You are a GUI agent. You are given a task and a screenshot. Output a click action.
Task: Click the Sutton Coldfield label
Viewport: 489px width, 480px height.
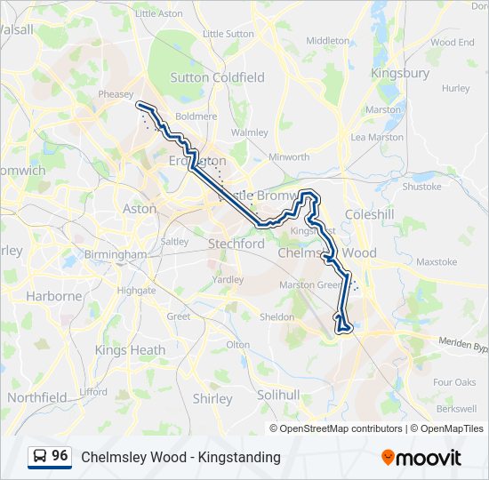(x=217, y=77)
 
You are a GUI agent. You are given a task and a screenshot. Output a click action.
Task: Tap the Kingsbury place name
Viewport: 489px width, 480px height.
(x=400, y=73)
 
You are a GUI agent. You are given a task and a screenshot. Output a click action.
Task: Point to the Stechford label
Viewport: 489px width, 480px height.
(x=236, y=243)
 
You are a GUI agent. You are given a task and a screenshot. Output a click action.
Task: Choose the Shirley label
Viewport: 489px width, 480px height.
(x=212, y=399)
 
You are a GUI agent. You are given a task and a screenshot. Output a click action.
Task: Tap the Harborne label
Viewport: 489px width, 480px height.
(x=53, y=295)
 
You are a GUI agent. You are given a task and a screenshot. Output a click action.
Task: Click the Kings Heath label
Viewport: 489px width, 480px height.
(x=130, y=350)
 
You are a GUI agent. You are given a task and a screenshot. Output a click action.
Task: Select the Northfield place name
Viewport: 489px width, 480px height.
(x=36, y=397)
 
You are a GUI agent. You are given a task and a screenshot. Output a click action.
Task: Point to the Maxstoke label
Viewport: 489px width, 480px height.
(x=436, y=262)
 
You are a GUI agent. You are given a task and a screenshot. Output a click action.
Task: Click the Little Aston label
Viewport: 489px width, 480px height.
(x=158, y=13)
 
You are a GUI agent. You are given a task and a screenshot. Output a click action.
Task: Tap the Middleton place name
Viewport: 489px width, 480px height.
(x=328, y=41)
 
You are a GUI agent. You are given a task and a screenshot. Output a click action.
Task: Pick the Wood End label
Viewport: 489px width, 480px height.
(x=453, y=42)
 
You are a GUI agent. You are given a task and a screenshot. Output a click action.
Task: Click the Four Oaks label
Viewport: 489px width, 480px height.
(x=454, y=382)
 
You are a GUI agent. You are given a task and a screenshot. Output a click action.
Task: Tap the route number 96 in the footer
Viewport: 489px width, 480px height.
(x=60, y=456)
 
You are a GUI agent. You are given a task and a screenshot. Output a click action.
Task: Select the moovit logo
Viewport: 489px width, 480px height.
(x=421, y=457)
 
